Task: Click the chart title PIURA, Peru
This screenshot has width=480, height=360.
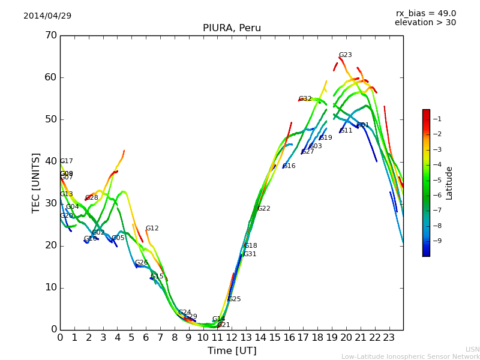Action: pos(232,28)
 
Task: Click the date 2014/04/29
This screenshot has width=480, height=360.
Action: pos(47,16)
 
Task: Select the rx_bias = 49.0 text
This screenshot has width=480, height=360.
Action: pos(425,13)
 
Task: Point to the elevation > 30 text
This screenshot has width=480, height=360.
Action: pos(425,23)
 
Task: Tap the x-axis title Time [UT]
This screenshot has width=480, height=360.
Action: pos(232,351)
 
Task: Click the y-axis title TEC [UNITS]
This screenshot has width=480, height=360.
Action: pos(36,182)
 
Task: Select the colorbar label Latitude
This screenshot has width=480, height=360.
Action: pos(449,183)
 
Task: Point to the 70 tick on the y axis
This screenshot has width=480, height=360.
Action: pos(50,35)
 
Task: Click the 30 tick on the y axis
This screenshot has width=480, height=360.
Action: pos(50,203)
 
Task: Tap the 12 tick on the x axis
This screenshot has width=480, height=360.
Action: pos(232,338)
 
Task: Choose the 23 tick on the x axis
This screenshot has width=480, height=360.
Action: pos(389,338)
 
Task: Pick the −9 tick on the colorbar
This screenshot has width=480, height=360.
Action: pos(436,241)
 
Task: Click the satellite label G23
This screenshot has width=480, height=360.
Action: pos(345,55)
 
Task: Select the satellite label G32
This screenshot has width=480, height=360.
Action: pos(305,99)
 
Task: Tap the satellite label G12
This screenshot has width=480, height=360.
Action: pos(152,229)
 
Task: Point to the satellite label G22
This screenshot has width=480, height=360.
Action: pos(263,209)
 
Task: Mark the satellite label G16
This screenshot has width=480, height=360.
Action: pos(289,166)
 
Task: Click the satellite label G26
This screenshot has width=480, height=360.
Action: pos(141,263)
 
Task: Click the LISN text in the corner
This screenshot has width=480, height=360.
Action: pos(472,349)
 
